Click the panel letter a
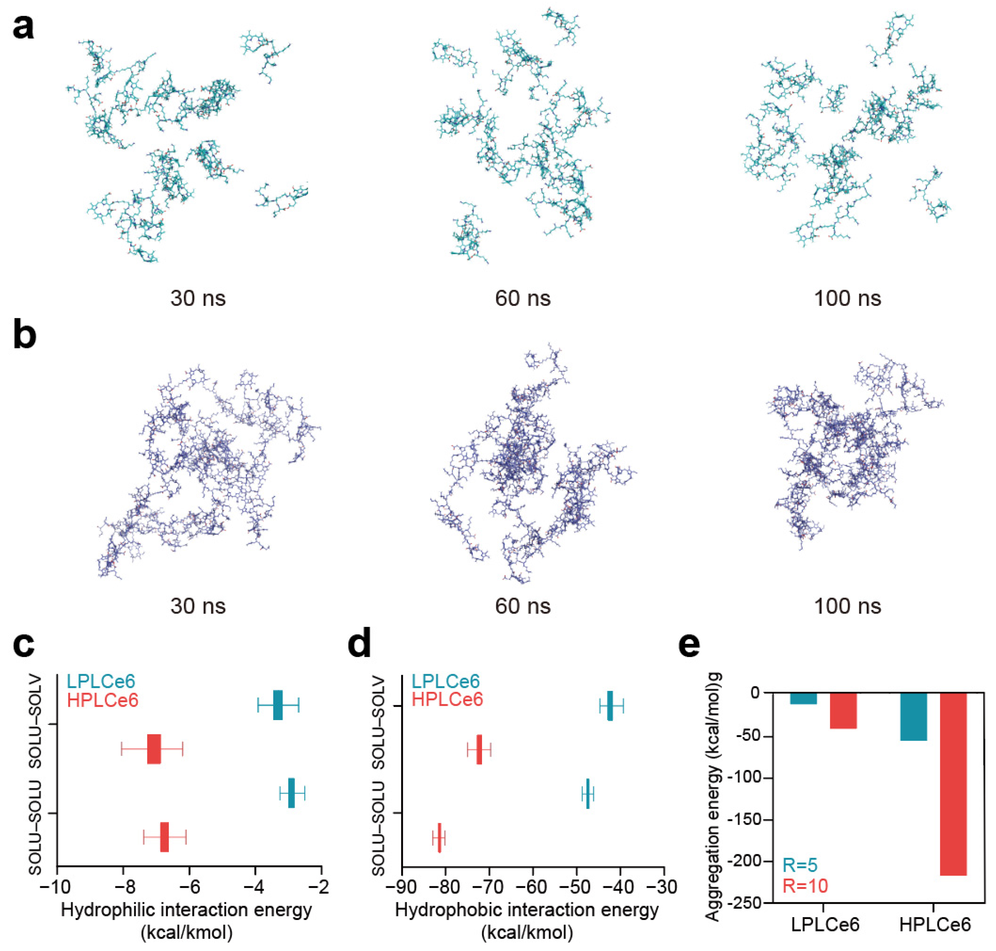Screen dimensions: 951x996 click(23, 28)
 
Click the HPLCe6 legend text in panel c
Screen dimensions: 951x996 click(103, 701)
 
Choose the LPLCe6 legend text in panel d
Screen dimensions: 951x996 click(445, 682)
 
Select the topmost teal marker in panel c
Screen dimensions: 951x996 click(278, 705)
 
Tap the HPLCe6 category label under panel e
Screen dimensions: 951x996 click(935, 925)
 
